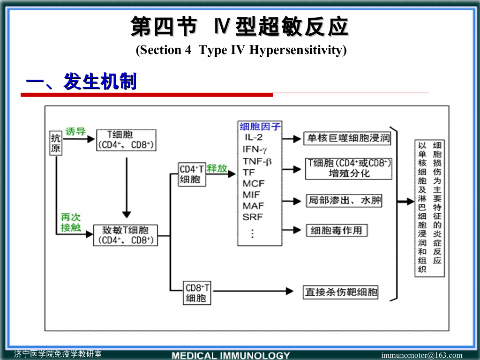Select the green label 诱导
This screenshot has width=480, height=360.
(75, 132)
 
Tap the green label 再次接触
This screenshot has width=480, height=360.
(70, 223)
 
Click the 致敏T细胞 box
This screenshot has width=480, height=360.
(126, 235)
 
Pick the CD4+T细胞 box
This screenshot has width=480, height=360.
(192, 174)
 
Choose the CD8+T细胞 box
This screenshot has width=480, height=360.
(197, 293)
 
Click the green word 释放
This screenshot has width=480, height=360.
(217, 168)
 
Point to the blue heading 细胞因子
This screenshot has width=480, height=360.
(260, 127)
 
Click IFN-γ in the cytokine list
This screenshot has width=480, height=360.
(255, 149)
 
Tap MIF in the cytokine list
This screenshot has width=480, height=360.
(252, 195)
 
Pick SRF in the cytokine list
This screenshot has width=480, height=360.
(253, 217)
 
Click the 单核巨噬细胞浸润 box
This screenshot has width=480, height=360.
(347, 139)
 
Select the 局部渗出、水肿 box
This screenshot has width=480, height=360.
(344, 201)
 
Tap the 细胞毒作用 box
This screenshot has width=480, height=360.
(337, 231)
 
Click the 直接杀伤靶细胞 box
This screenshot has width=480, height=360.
(341, 292)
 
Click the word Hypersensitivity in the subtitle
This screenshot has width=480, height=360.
(298, 50)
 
